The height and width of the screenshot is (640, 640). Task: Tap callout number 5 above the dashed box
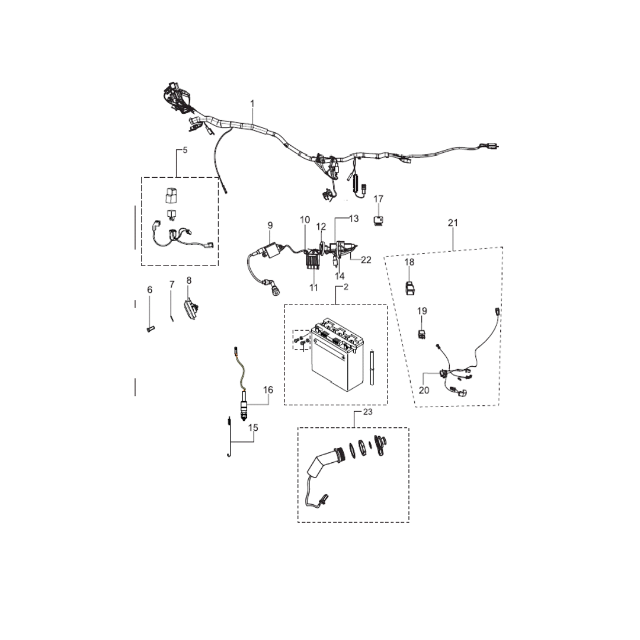click(x=185, y=150)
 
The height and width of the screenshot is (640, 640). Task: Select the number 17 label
click(x=379, y=199)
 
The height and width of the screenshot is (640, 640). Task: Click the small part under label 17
click(x=379, y=220)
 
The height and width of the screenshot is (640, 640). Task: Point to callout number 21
click(x=453, y=223)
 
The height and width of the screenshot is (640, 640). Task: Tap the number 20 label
click(x=424, y=390)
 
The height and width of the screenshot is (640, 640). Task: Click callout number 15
click(x=253, y=427)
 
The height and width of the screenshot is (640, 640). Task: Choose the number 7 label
click(x=172, y=285)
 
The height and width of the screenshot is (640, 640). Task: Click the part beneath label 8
click(x=191, y=308)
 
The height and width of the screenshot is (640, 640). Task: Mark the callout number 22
click(x=366, y=259)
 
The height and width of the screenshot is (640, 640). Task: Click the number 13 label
click(x=353, y=219)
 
